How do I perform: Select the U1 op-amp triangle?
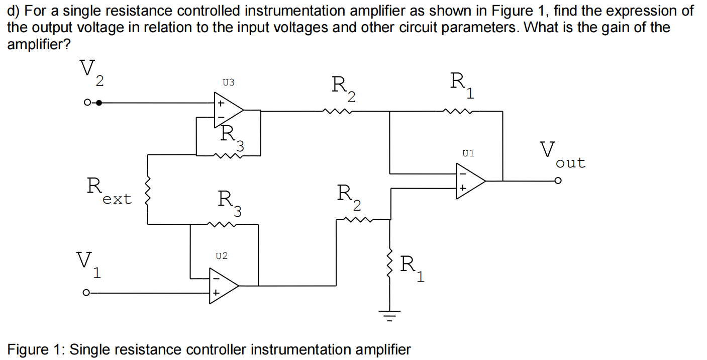tap(469, 181)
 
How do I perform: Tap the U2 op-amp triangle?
tap(223, 285)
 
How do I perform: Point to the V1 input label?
tap(88, 265)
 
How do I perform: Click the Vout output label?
tap(562, 155)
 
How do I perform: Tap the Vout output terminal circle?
tap(558, 181)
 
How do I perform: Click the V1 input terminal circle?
tap(86, 292)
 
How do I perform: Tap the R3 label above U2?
tap(230, 203)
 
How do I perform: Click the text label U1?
tap(468, 153)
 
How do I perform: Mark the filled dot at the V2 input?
tap(99, 103)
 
